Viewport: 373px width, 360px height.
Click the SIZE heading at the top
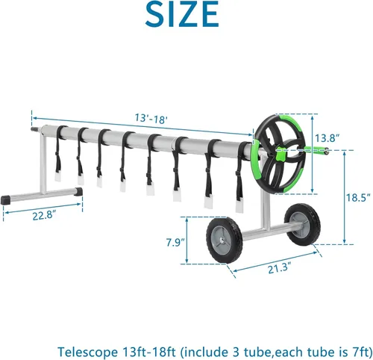182,13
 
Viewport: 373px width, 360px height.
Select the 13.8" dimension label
327,138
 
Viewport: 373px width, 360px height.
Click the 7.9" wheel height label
175,242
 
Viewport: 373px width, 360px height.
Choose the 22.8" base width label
44,215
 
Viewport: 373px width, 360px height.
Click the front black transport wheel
225,240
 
